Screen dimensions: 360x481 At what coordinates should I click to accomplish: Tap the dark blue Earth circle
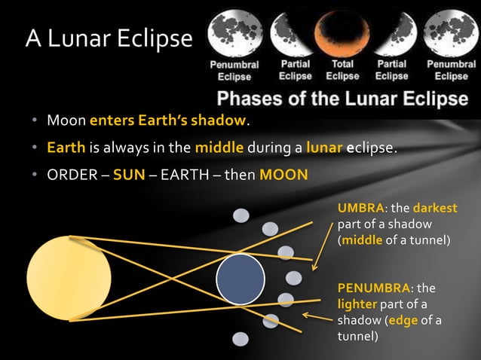[x=240, y=279]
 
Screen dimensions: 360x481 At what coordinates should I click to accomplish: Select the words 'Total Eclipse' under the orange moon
[x=343, y=70]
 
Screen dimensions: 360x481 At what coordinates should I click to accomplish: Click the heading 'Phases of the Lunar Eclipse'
[x=343, y=99]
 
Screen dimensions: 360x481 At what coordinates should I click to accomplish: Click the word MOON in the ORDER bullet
[x=283, y=175]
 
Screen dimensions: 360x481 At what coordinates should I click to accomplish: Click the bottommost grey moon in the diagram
[x=240, y=339]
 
